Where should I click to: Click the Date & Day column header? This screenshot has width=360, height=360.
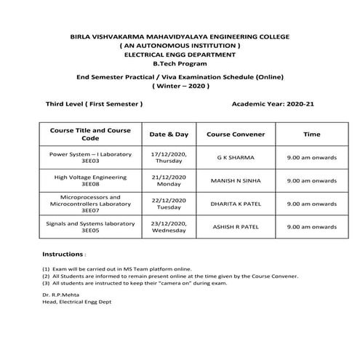(x=168, y=135)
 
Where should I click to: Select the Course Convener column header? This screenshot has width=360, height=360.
(x=236, y=135)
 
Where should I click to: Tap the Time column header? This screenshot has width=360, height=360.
(x=311, y=135)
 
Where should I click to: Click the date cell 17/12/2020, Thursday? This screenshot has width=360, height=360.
(x=169, y=159)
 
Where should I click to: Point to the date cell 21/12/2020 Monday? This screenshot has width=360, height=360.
(x=169, y=181)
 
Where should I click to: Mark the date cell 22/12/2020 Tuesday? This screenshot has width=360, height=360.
(x=169, y=204)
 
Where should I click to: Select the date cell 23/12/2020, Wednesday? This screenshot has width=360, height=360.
(x=169, y=226)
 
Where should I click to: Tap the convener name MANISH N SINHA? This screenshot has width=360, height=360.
(x=236, y=180)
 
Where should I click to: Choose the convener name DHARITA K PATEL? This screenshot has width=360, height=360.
(x=236, y=204)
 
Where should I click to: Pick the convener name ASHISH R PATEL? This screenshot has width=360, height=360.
(x=236, y=227)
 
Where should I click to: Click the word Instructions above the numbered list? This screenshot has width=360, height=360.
(x=63, y=255)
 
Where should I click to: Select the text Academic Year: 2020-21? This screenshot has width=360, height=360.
(x=272, y=105)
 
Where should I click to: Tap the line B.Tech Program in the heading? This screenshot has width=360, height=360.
(x=180, y=63)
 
